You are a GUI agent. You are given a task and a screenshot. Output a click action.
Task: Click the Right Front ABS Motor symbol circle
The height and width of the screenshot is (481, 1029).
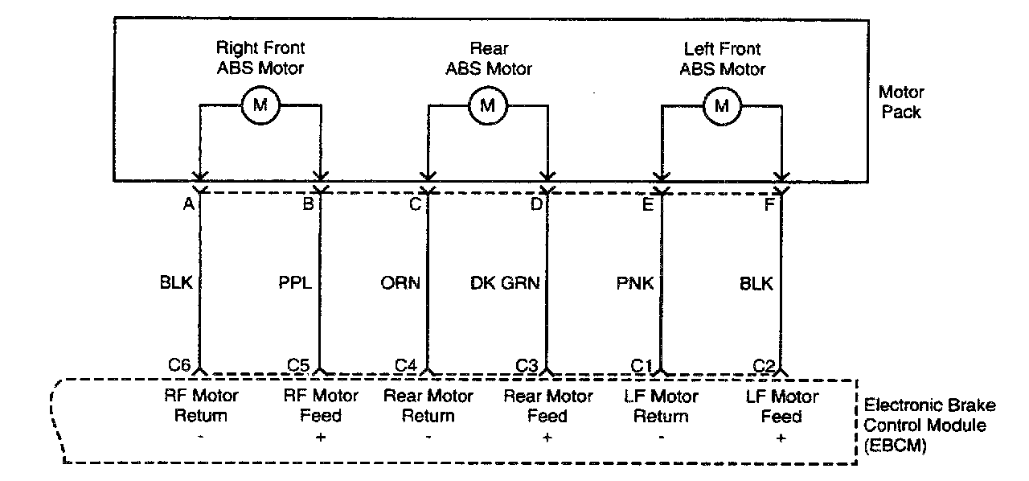[260, 105]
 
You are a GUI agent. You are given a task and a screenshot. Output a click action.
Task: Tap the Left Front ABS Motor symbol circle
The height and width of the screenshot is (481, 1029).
[722, 105]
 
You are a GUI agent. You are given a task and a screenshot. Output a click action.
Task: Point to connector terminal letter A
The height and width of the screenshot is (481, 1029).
[189, 205]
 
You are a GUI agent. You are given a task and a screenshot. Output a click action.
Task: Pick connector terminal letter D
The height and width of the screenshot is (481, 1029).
[536, 205]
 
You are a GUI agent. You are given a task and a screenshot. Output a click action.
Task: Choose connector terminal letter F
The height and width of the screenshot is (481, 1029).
[769, 205]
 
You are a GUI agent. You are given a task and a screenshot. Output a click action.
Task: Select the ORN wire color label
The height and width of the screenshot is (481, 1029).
[400, 283]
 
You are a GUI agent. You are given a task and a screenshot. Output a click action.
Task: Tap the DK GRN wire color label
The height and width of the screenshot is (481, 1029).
[505, 283]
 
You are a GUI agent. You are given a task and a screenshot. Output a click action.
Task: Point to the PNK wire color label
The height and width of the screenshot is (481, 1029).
[634, 283]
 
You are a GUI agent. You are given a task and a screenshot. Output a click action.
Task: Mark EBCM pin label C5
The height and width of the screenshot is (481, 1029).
[299, 365]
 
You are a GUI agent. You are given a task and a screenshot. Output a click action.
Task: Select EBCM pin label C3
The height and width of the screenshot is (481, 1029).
[527, 365]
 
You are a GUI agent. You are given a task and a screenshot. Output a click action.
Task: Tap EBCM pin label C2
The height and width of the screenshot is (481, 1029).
[764, 365]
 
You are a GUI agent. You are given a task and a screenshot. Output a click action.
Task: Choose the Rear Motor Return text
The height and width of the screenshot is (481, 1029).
[428, 406]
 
